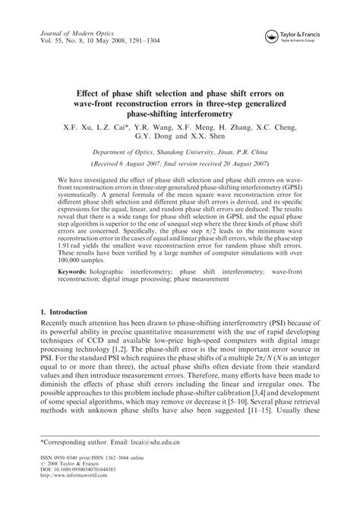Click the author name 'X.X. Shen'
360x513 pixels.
[209, 131]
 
